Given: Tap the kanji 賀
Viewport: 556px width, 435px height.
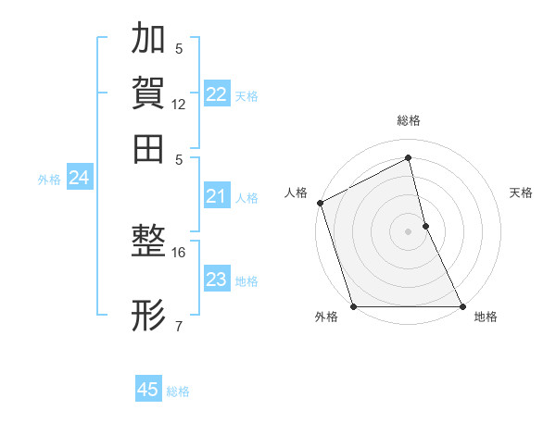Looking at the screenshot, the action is pyautogui.click(x=148, y=93).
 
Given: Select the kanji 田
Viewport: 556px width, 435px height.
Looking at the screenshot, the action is pyautogui.click(x=148, y=148).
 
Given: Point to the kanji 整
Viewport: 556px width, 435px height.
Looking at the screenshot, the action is pyautogui.click(x=148, y=242).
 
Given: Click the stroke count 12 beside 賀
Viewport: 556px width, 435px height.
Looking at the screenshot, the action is pyautogui.click(x=179, y=105).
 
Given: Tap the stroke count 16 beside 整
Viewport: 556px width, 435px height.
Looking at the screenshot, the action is pyautogui.click(x=179, y=252).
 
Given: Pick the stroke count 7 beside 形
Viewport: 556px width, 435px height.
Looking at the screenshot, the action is pyautogui.click(x=179, y=326).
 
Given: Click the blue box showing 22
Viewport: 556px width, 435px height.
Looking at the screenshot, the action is pyautogui.click(x=217, y=94).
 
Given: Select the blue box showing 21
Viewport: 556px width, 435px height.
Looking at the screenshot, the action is pyautogui.click(x=217, y=196).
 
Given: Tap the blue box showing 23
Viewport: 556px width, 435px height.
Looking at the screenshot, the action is pyautogui.click(x=217, y=280).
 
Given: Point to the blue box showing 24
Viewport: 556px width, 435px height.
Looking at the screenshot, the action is pyautogui.click(x=79, y=178).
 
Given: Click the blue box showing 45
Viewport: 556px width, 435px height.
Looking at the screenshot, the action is pyautogui.click(x=148, y=390).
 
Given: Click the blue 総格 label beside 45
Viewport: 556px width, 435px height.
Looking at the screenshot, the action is pyautogui.click(x=178, y=391).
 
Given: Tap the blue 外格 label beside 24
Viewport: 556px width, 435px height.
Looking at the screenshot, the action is pyautogui.click(x=49, y=180).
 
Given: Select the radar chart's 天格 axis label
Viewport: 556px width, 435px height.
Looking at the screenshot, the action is pyautogui.click(x=522, y=193).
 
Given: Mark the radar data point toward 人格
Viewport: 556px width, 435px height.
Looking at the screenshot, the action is pyautogui.click(x=320, y=203).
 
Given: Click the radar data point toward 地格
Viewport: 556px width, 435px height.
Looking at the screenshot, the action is pyautogui.click(x=461, y=306).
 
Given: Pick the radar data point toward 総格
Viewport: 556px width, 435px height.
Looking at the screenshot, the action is pyautogui.click(x=409, y=157).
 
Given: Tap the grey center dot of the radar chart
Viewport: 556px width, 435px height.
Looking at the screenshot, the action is pyautogui.click(x=409, y=231).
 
